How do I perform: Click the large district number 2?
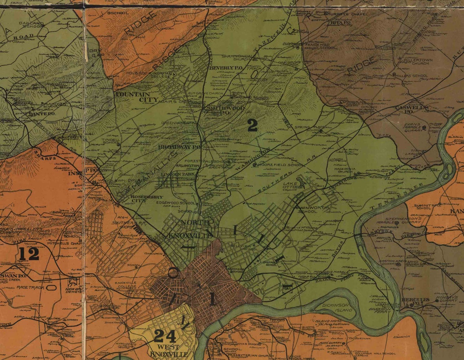[252, 125]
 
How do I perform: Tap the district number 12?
[29, 254]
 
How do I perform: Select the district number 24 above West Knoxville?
[165, 336]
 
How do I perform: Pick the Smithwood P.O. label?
[220, 111]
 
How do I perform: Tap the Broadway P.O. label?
[180, 147]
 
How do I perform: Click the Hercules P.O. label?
[415, 300]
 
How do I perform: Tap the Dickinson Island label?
[335, 307]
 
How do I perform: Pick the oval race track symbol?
[51, 287]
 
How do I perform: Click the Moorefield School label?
[279, 165]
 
